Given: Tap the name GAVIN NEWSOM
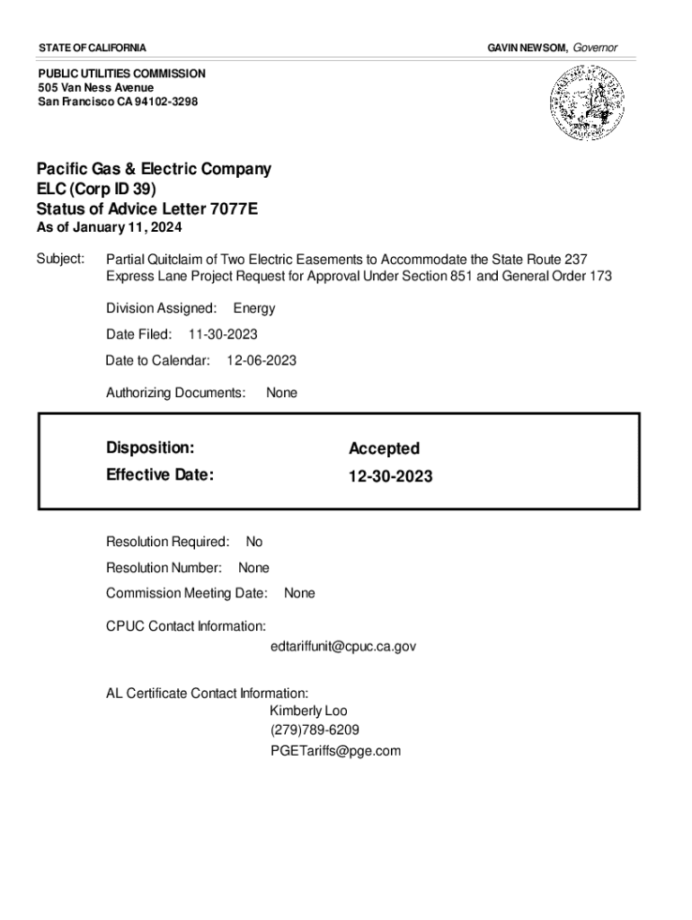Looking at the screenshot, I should click(x=527, y=47).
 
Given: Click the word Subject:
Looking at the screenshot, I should click(x=60, y=259).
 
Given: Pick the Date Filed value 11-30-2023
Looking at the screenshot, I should click(x=223, y=334).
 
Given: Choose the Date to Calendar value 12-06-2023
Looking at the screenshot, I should click(x=262, y=360).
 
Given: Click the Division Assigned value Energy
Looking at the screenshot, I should click(x=254, y=308).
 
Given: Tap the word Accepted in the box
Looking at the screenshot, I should click(x=384, y=448).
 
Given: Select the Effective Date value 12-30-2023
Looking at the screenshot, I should click(x=390, y=476).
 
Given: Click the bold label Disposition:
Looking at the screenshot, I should click(x=150, y=447).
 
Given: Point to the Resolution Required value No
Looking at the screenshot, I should click(x=254, y=542).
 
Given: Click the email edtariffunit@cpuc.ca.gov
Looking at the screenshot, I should click(x=343, y=646).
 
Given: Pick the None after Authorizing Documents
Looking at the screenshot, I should click(x=281, y=393).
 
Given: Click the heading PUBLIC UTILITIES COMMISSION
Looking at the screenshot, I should click(x=121, y=73).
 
